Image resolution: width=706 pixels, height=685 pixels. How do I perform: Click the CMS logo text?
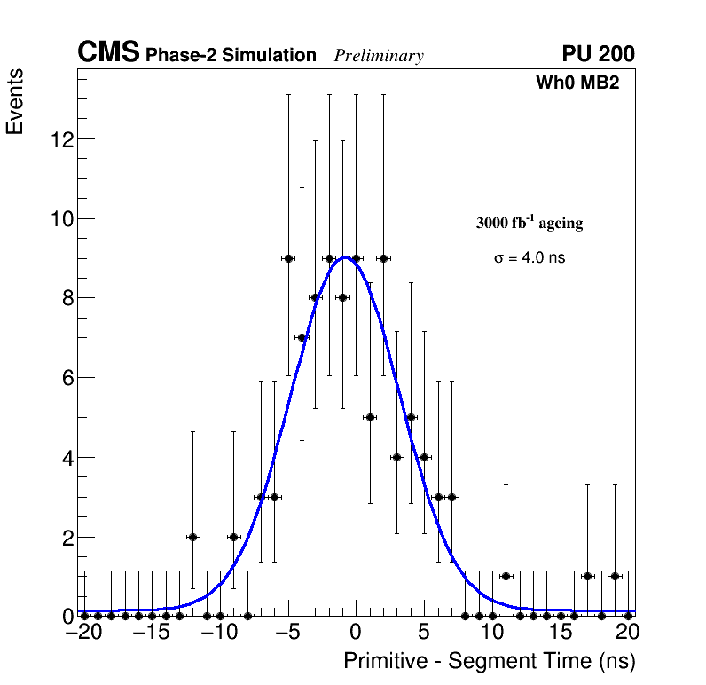click(x=108, y=53)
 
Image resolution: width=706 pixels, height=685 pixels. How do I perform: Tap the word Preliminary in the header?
click(x=379, y=56)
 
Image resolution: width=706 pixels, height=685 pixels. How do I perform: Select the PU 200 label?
click(x=598, y=54)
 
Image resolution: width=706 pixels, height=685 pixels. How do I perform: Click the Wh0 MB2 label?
click(x=577, y=83)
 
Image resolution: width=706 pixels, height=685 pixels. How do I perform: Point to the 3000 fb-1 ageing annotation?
click(x=529, y=223)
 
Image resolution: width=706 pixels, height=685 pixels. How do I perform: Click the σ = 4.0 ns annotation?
click(x=529, y=258)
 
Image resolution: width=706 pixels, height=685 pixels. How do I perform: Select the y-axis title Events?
click(x=15, y=103)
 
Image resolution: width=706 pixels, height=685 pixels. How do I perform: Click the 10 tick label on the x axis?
click(x=492, y=633)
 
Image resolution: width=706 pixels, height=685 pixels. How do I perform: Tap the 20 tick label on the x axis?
click(x=628, y=633)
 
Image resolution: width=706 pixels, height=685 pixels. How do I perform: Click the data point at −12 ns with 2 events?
click(x=192, y=537)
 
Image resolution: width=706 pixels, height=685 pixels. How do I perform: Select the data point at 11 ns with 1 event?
click(x=506, y=576)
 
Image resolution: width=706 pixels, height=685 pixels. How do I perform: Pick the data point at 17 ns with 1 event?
click(x=587, y=576)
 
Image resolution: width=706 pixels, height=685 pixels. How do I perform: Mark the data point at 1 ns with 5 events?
click(x=370, y=417)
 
